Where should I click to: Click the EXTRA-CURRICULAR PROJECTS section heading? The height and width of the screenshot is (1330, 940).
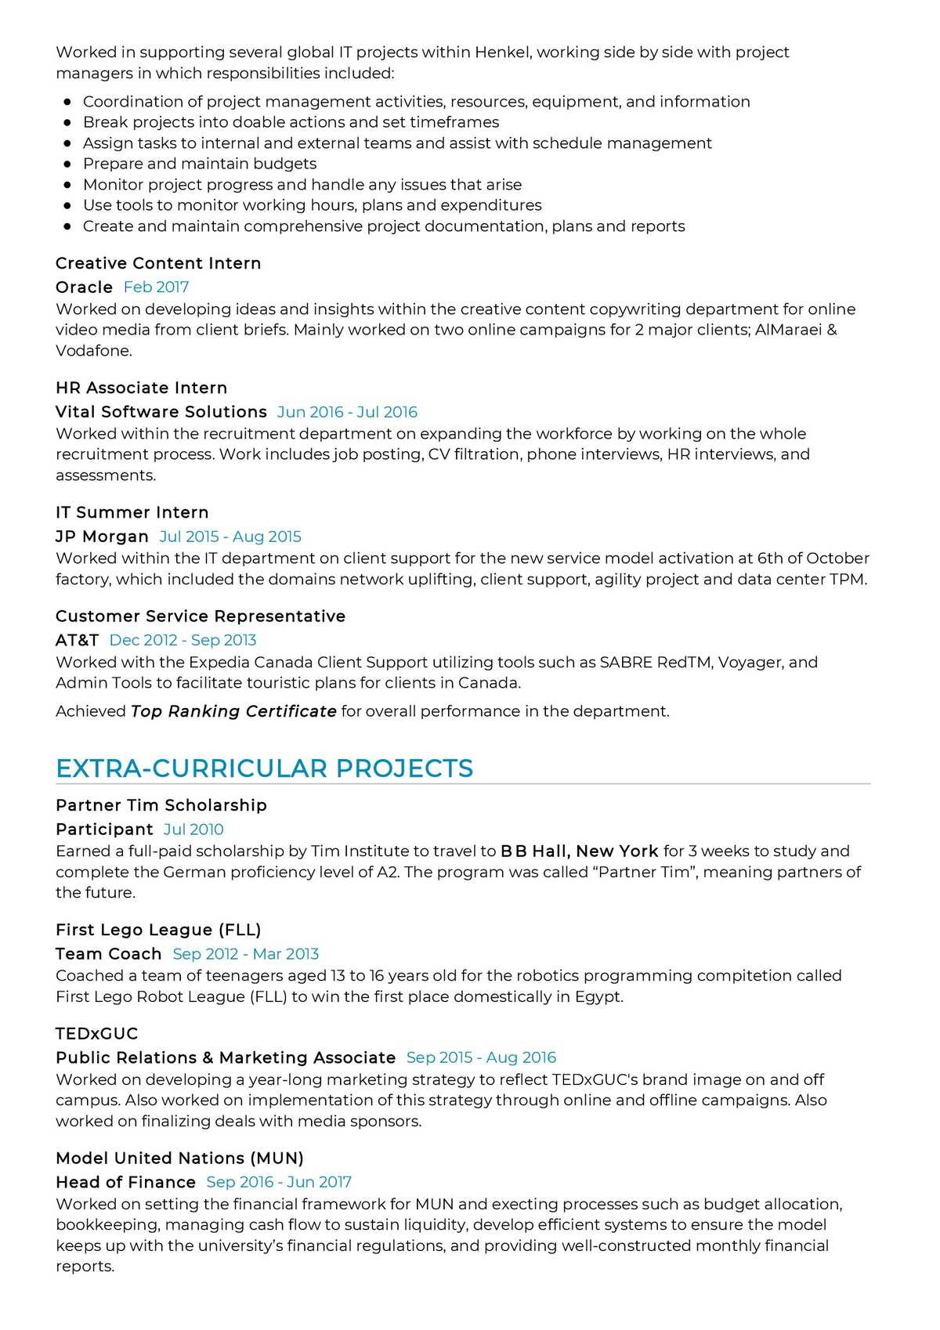tap(264, 768)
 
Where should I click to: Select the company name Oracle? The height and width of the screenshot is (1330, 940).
tap(84, 287)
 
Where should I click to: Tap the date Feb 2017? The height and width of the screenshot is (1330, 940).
tap(156, 287)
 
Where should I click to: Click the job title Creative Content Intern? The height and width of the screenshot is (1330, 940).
tap(158, 263)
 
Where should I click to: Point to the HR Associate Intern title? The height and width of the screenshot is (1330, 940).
tap(141, 388)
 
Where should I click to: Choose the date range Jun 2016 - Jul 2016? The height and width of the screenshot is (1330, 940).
tap(347, 412)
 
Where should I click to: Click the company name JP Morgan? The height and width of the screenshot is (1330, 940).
tap(102, 537)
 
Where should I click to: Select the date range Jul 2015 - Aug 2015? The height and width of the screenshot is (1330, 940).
tap(230, 537)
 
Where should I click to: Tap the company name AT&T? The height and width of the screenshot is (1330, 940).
tap(77, 640)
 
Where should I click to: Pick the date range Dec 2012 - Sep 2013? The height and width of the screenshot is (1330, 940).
tap(183, 640)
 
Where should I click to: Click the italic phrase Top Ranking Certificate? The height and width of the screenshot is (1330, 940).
tap(233, 711)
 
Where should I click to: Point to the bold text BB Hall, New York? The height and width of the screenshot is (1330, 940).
tap(579, 851)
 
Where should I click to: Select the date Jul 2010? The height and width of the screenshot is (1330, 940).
tap(193, 829)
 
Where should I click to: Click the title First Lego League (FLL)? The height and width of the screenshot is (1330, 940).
tap(158, 930)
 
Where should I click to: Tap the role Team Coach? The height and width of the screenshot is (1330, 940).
tap(108, 954)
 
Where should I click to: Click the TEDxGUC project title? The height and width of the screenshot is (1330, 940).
tap(96, 1034)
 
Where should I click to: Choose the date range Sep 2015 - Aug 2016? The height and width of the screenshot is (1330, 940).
tap(481, 1057)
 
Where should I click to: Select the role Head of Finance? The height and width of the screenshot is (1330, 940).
tap(125, 1182)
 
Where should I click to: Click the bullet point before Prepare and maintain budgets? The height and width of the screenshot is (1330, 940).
tap(67, 164)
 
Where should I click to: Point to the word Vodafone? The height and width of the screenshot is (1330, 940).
tap(92, 351)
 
